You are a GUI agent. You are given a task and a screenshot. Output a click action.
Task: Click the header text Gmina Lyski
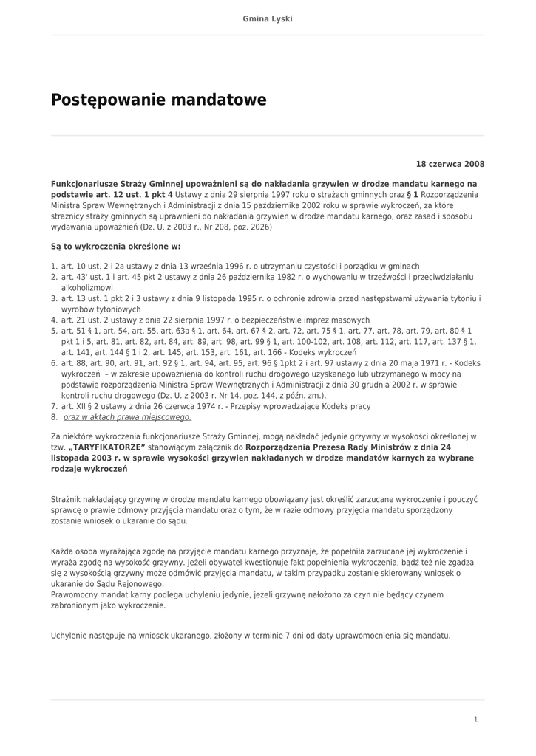[x=268, y=18]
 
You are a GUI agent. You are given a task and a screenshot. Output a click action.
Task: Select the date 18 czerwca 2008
[x=450, y=164]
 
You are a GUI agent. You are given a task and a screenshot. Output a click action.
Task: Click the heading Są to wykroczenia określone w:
[x=115, y=247]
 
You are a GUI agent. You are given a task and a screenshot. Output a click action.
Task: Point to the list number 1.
[x=54, y=266]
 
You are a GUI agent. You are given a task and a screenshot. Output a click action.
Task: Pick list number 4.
[x=54, y=320]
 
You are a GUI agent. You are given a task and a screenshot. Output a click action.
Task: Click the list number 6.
[x=54, y=363]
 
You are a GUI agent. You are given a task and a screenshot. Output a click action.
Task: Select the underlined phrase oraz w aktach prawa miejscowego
[x=127, y=417]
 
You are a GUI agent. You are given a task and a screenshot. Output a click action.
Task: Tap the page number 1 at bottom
[x=475, y=719]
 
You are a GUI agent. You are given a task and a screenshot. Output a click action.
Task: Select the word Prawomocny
[x=75, y=594]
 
